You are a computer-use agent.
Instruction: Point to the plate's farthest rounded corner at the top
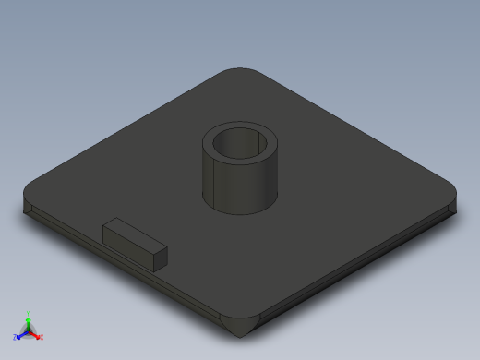pos(240,72)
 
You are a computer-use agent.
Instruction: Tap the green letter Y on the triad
pos(29,313)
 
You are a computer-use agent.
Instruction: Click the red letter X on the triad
pos(42,338)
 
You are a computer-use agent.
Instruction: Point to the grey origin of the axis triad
pos(29,330)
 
